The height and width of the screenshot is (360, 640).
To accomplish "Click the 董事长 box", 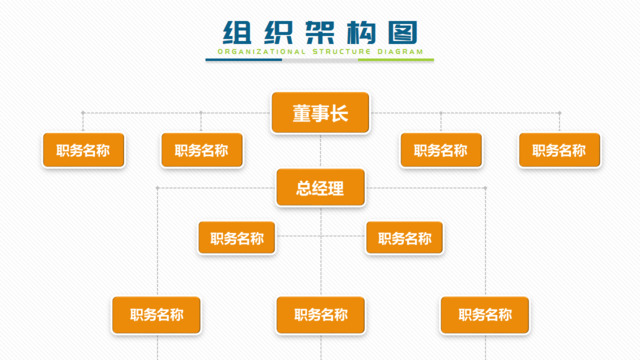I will point(320,113).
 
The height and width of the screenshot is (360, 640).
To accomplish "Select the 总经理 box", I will point(320,187).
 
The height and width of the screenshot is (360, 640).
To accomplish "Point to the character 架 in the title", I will point(319,31).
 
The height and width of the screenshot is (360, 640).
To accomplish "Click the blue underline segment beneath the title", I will point(244,59).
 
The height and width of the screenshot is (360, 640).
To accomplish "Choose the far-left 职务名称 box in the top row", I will point(83,151).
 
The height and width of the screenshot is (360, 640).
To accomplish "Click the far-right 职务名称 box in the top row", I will point(558,151).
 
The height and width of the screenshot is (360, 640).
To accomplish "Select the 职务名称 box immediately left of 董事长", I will point(201,151).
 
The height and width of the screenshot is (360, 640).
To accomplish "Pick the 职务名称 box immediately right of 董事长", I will point(440,151).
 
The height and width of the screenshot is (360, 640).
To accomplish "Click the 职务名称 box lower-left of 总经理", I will point(236,239).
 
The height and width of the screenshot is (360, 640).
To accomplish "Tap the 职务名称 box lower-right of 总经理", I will point(404,239).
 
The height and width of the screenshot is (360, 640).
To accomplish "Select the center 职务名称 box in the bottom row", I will point(320,314).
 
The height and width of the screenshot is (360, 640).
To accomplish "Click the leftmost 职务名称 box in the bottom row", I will point(156,314).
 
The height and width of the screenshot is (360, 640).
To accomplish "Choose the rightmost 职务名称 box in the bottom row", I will point(485,314).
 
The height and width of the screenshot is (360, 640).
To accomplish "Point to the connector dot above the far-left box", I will point(83,113).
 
